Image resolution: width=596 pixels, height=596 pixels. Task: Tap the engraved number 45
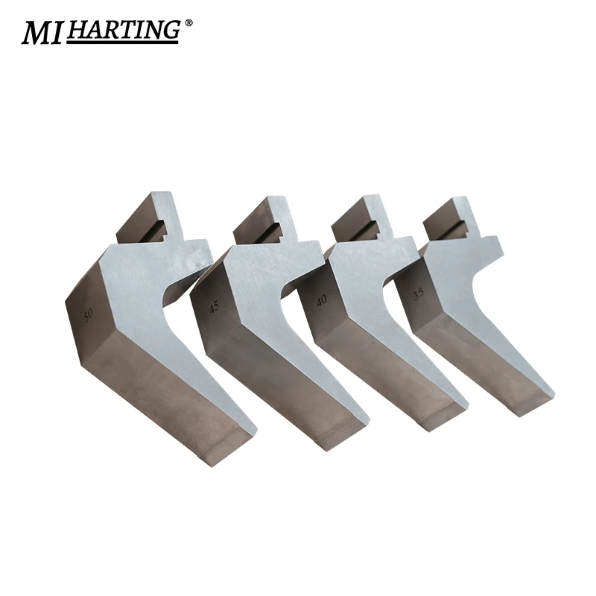pos(215,306)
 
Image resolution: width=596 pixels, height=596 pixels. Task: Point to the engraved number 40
pos(321,300)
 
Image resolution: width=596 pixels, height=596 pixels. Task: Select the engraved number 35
pos(418,294)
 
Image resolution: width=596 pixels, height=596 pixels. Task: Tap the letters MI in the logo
pos(42,32)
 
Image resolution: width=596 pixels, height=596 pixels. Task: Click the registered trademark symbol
pos(188,23)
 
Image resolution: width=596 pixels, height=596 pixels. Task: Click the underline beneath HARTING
pos(123,42)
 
